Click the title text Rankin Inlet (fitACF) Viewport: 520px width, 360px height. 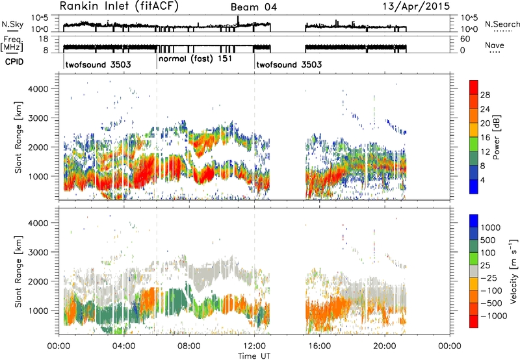tap(119, 6)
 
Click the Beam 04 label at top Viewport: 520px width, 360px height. tap(253, 7)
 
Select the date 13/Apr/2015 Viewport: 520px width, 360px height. tap(417, 6)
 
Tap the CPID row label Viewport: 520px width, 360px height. tap(14, 62)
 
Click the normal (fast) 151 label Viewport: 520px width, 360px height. tap(195, 59)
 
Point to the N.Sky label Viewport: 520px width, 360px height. tap(12, 24)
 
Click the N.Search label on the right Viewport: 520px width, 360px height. tap(502, 24)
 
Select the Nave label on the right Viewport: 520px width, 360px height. tap(495, 45)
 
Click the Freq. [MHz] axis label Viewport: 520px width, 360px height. tap(13, 44)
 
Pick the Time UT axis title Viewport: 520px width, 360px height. tap(254, 355)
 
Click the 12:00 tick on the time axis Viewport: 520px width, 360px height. tap(254, 346)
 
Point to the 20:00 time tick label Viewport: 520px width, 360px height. tap(385, 346)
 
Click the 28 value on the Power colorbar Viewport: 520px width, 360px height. tap(485, 95)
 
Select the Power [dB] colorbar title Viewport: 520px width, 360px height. tap(496, 137)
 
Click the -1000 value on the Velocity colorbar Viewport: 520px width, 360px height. tap(493, 316)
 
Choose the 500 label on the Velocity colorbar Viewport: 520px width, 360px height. tap(488, 240)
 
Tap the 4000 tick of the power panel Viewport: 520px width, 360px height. tap(39, 89)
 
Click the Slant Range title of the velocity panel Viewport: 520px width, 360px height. tap(18, 271)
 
